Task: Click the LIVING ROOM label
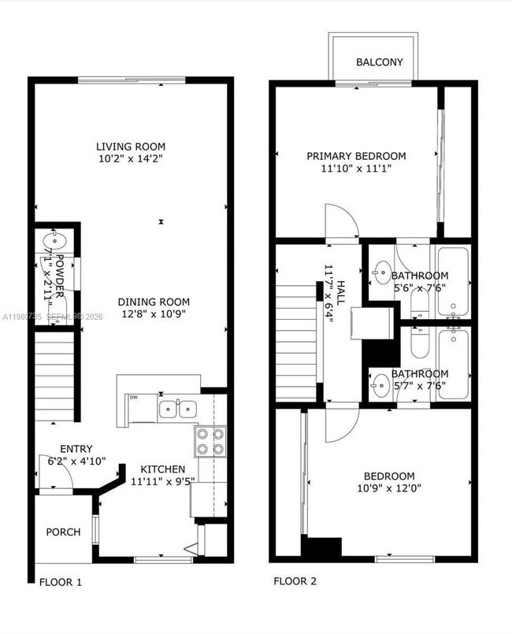[x=131, y=146]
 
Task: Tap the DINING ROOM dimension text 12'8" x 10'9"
[x=154, y=315]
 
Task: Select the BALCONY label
[x=379, y=62]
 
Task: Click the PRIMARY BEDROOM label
[x=356, y=156]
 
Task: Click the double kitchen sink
[x=177, y=409]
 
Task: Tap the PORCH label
[x=63, y=532]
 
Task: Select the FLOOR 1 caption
[x=61, y=583]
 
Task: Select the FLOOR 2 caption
[x=295, y=582]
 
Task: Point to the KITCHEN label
[x=158, y=469]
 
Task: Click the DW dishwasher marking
[x=135, y=398]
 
